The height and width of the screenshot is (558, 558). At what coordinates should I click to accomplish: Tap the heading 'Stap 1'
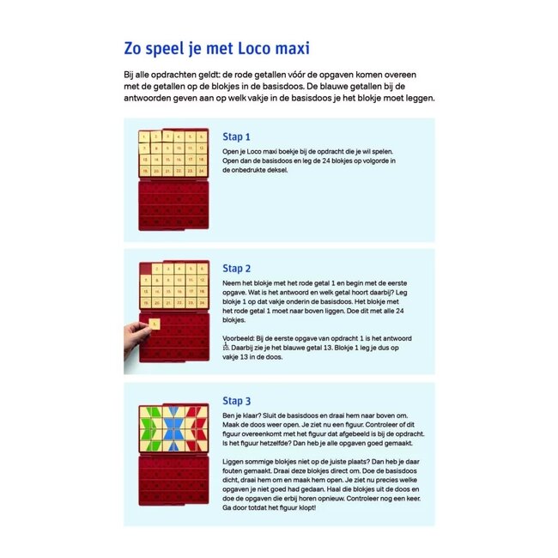click(x=236, y=136)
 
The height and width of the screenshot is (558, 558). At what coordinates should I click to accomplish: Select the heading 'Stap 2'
click(x=236, y=268)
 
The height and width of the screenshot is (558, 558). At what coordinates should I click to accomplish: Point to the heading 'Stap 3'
click(x=236, y=400)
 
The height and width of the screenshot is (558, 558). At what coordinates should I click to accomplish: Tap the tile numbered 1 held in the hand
click(x=153, y=324)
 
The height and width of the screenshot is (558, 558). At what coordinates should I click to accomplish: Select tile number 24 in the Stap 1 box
click(x=201, y=171)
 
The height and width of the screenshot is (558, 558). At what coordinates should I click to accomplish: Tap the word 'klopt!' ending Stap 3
click(x=302, y=507)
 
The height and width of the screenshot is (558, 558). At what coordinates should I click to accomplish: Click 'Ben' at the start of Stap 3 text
click(x=229, y=415)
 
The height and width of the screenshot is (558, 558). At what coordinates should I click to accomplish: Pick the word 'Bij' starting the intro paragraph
click(x=130, y=76)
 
